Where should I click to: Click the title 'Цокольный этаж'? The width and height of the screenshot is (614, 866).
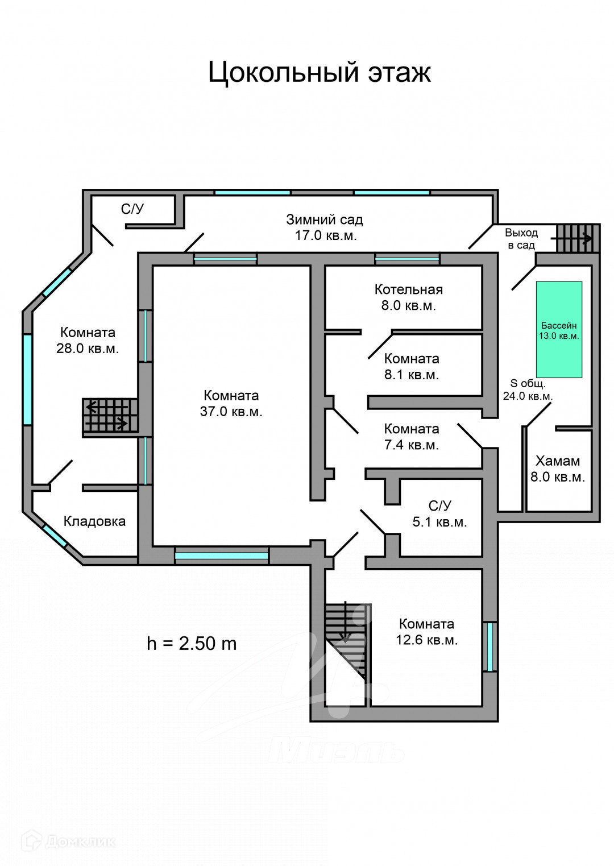coord(319,72)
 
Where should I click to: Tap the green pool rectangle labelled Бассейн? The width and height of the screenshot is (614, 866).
coord(559,329)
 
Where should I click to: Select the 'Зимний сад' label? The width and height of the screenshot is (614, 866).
coord(324,219)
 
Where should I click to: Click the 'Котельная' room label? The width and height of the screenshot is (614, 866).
coord(408,289)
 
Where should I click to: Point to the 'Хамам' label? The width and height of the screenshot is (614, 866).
coord(557,461)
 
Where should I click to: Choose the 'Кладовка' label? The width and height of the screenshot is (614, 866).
coord(94,521)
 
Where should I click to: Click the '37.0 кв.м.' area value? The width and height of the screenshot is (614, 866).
coord(231,412)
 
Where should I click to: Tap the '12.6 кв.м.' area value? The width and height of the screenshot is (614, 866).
coord(426,640)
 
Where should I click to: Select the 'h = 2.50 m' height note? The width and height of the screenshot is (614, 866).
coord(192,643)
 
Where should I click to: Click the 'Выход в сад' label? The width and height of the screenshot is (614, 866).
coord(521,239)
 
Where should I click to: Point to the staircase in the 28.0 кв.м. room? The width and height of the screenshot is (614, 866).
coord(110,415)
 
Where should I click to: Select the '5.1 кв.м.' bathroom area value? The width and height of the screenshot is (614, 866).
coord(439,522)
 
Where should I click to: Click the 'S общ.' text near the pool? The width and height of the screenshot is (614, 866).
coord(528,383)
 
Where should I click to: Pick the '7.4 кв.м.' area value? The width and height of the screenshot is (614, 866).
coord(411,445)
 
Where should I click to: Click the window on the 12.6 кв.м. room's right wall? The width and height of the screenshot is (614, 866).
coord(489,647)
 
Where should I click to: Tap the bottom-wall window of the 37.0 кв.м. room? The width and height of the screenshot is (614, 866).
coord(221,556)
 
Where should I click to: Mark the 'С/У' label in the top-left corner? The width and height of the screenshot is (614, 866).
coord(132,209)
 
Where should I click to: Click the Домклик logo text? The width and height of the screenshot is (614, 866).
coord(80,841)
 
